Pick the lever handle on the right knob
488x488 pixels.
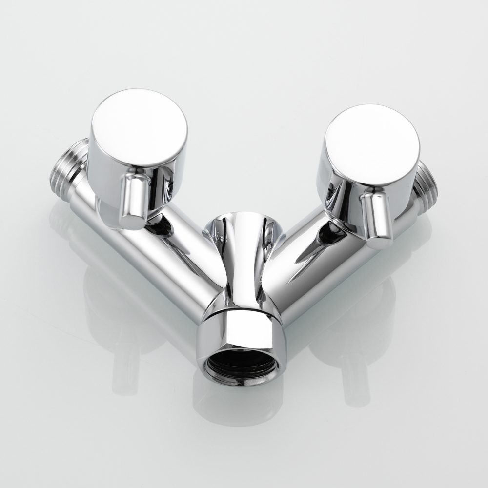pos(377,220)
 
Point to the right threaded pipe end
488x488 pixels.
pos(427,183)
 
